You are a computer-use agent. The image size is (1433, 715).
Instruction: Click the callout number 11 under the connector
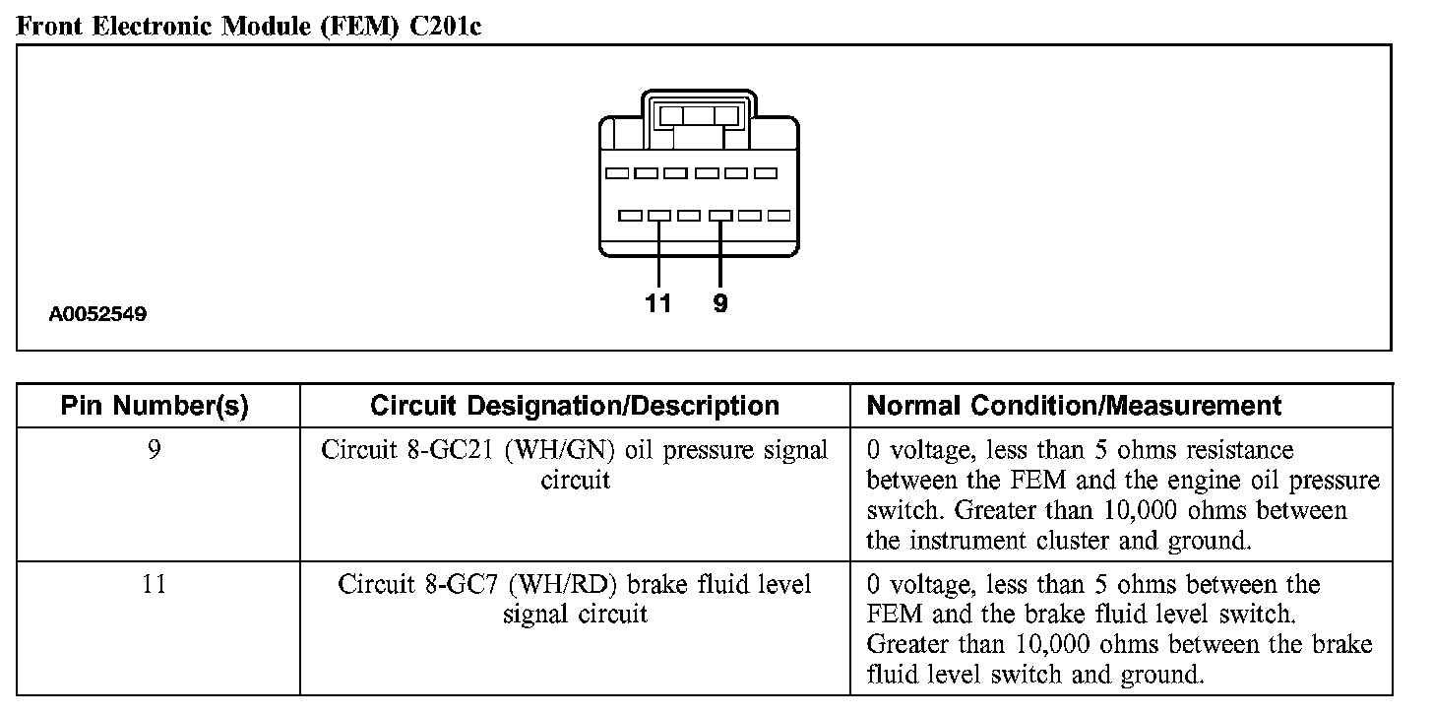pyautogui.click(x=658, y=303)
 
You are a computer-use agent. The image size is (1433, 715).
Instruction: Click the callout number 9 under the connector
pyautogui.click(x=720, y=303)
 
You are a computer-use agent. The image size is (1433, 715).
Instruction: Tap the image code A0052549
pyautogui.click(x=98, y=315)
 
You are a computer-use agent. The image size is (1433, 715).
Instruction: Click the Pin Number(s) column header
pyautogui.click(x=155, y=405)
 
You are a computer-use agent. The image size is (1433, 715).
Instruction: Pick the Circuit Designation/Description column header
pyautogui.click(x=575, y=405)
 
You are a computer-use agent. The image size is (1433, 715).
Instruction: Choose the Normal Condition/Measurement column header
pyautogui.click(x=1074, y=405)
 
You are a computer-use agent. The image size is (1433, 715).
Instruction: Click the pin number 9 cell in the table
pyautogui.click(x=155, y=450)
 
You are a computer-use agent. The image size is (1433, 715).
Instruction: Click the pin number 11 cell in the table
pyautogui.click(x=155, y=584)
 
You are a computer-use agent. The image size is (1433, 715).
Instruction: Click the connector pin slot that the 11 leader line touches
pyautogui.click(x=659, y=215)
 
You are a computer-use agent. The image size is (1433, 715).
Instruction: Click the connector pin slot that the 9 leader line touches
pyautogui.click(x=720, y=215)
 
